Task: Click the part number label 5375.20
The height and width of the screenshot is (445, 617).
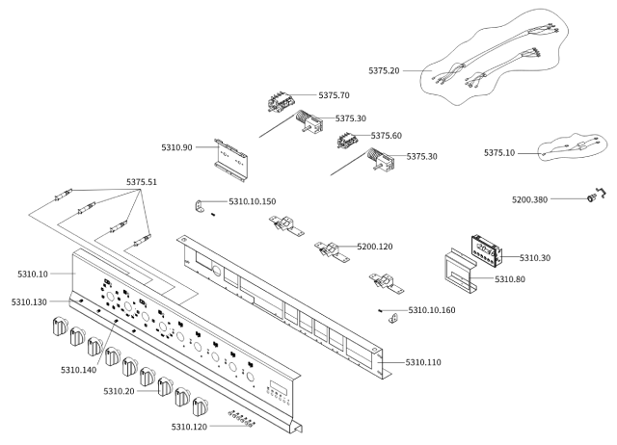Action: click(x=384, y=70)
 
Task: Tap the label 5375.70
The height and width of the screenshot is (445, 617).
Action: click(x=334, y=95)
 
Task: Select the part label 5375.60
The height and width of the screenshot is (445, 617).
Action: click(x=386, y=136)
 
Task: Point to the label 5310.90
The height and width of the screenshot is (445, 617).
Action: click(x=176, y=147)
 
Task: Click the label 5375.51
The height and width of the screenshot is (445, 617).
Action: click(x=142, y=182)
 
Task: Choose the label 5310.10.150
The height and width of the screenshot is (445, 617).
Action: click(x=253, y=201)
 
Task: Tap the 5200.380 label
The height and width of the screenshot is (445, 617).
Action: click(x=529, y=199)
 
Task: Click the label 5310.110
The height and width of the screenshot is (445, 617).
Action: click(x=423, y=362)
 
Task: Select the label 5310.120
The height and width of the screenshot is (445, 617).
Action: click(x=189, y=427)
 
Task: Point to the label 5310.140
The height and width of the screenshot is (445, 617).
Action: click(x=78, y=370)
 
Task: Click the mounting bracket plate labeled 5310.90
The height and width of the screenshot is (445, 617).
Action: click(x=231, y=160)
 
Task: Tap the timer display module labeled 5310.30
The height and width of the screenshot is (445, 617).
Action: click(x=487, y=250)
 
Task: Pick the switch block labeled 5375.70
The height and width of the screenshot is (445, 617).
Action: click(x=282, y=101)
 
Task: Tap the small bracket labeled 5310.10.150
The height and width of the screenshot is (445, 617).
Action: click(x=200, y=206)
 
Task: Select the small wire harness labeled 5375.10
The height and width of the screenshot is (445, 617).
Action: click(x=573, y=146)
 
